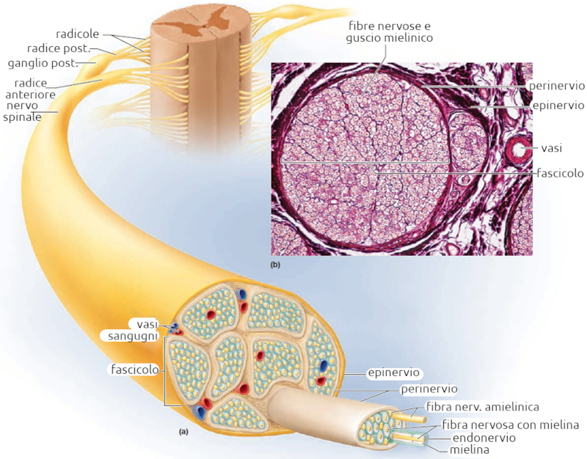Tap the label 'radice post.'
click(79, 48)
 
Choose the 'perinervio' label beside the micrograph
click(556, 85)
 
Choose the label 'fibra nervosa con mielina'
click(511, 425)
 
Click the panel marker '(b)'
click(275, 262)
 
